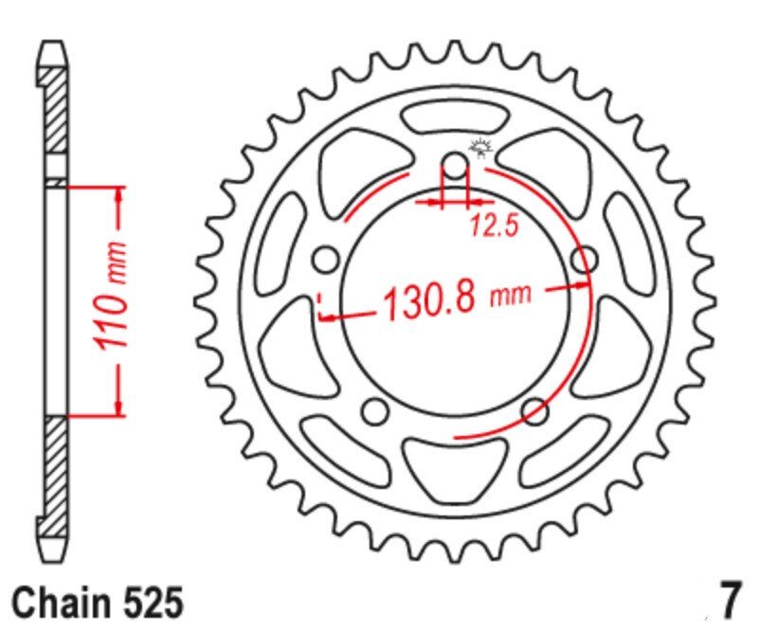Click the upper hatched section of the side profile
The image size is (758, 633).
pos(56,108)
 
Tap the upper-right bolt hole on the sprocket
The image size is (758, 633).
pos(583,259)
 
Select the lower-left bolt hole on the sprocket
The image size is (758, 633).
pos(376,410)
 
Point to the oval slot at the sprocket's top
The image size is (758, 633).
pos(455,119)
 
